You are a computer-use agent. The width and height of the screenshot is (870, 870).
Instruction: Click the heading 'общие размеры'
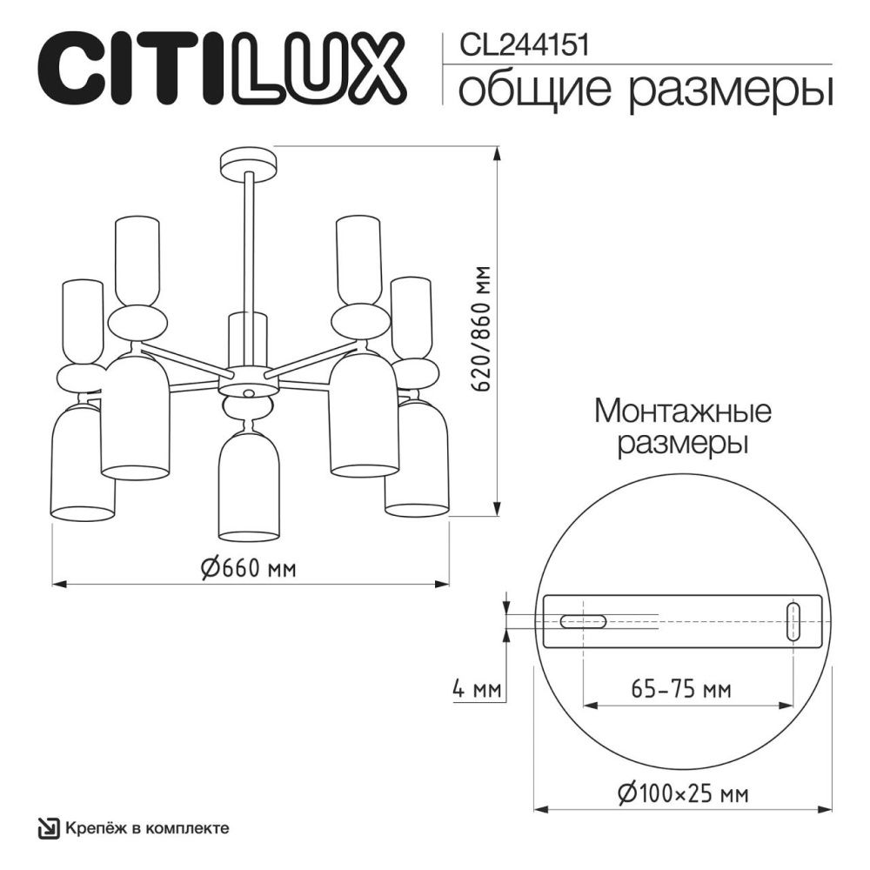[x=644, y=90]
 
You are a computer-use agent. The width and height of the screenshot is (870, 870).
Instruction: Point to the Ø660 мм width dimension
[x=249, y=569]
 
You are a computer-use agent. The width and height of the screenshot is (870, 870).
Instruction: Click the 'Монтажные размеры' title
[x=683, y=426]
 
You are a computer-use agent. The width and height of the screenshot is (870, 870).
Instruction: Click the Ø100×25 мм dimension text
[x=683, y=793]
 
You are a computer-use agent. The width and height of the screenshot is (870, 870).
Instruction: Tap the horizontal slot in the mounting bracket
[x=584, y=621]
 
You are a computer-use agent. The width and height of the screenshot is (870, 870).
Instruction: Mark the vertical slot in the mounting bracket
[x=793, y=621]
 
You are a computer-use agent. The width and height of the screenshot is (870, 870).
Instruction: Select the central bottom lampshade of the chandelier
[x=249, y=487]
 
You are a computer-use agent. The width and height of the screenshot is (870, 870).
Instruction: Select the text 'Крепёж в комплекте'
[x=147, y=827]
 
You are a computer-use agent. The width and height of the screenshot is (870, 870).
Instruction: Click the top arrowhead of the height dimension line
[x=498, y=155]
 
